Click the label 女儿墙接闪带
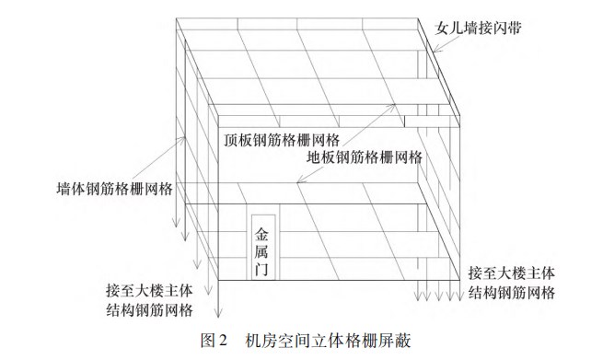[x=479, y=27]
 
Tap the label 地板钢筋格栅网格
[x=364, y=157]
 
